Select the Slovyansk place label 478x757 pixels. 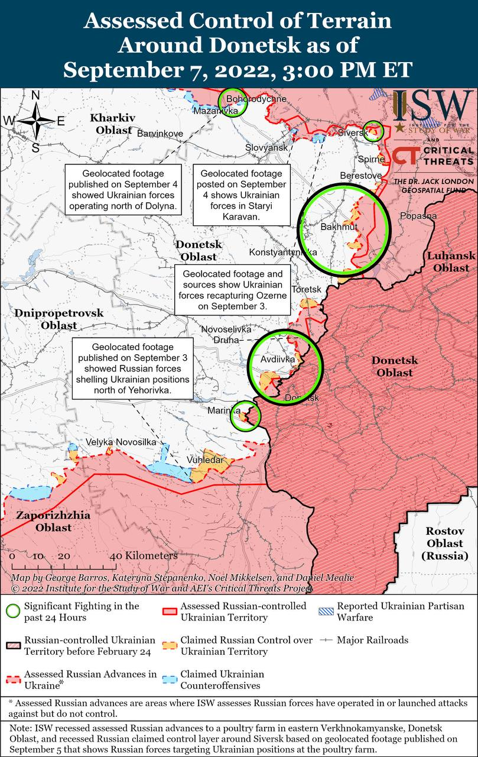266,147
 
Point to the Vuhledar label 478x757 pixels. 205,460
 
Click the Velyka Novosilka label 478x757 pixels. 121,442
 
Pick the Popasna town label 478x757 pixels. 418,216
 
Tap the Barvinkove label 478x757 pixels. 160,134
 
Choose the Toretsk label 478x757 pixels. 307,289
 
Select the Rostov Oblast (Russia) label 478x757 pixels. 444,544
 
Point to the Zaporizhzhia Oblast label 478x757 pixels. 53,521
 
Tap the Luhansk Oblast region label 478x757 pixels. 451,261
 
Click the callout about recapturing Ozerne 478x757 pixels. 233,290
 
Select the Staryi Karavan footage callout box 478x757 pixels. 242,195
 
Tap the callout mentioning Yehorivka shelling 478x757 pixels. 133,369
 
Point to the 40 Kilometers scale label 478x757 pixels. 144,556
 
